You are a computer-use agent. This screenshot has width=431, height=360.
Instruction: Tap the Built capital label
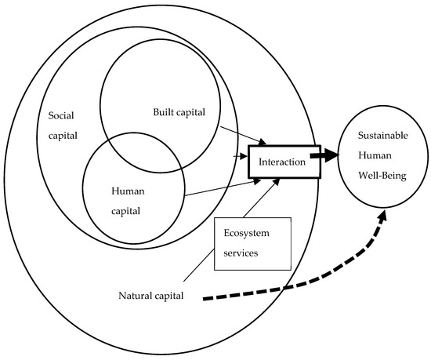point(179,112)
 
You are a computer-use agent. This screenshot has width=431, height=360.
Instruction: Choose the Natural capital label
point(151,296)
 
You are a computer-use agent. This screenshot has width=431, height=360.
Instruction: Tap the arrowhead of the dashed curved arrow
point(383,216)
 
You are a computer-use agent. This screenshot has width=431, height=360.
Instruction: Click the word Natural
point(135,296)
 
